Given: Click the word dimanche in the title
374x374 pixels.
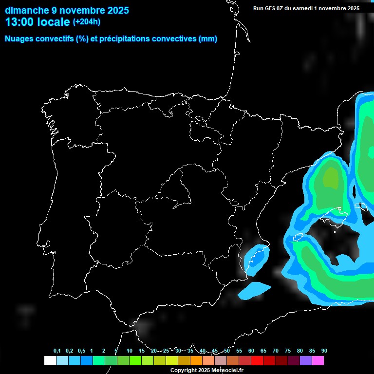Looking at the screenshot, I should [25, 10].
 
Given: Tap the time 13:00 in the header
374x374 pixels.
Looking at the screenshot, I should [19, 22].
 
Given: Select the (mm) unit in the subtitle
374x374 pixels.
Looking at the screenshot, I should [208, 39].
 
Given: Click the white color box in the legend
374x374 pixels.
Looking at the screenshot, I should [50, 361].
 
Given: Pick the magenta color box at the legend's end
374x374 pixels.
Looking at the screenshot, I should [318, 361].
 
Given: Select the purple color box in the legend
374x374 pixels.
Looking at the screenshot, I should [306, 361].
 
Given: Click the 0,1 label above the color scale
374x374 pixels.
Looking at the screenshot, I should [57, 351].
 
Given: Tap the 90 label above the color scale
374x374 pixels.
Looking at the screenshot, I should [324, 351].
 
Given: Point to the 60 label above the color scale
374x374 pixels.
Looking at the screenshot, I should [251, 351].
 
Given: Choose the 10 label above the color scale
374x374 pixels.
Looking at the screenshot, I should [130, 351].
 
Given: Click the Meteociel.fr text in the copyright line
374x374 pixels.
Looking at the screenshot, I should [228, 371].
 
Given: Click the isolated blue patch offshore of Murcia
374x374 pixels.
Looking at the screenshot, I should [254, 290].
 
